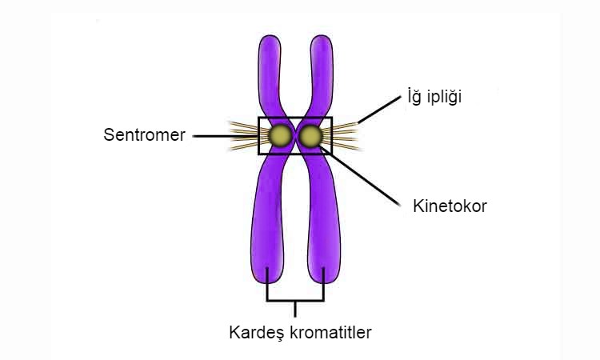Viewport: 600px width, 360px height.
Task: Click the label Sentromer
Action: pos(144,134)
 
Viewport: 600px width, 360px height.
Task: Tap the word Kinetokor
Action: pos(450,206)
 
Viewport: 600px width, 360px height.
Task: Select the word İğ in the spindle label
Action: pos(414,96)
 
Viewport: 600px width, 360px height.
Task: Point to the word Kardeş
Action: pos(257,333)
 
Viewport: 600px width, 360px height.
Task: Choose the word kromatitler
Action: pos(330,332)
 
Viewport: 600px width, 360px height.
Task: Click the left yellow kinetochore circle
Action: pos(279,136)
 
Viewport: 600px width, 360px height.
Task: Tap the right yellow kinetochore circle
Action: pos(310,136)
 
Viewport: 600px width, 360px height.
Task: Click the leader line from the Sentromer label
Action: pos(226,136)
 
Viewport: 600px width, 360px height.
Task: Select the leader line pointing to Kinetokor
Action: pos(361,176)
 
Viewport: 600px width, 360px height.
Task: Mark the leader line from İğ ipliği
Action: pos(379,110)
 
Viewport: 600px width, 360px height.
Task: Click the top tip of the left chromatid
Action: pos(270,35)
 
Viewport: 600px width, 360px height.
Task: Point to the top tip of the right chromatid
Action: pos(322,35)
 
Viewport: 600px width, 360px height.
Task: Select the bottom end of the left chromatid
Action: pos(267,283)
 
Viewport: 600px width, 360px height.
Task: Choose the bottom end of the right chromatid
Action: pos(324,283)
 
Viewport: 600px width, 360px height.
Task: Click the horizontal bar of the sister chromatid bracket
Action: pos(295,300)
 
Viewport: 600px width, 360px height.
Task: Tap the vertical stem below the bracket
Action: pos(295,309)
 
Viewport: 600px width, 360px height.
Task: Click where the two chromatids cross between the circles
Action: pos(295,136)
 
